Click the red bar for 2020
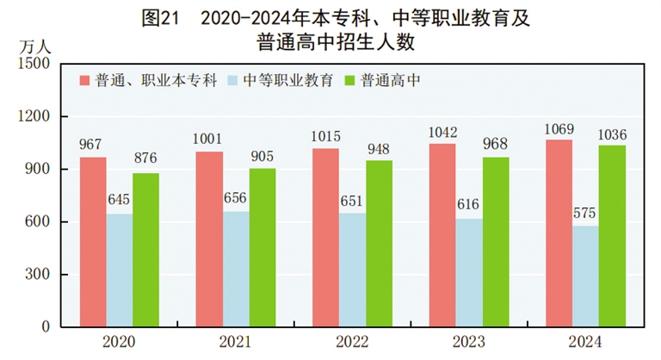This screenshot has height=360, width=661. pos(94,242)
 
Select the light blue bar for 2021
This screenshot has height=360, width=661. pos(237,270)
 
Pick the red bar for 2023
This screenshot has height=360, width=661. pos(442,235)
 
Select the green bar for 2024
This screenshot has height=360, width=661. pos(612,236)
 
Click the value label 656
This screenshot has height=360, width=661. pos(237,197)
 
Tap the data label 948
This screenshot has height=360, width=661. pos(379,149)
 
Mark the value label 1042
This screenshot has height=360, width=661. pos(442,133)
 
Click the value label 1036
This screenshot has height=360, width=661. pos(612,133)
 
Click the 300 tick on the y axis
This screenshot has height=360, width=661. pos(39,275)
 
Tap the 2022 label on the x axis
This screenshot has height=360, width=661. pos(351,342)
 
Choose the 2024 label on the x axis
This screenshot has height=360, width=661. pos(585,342)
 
